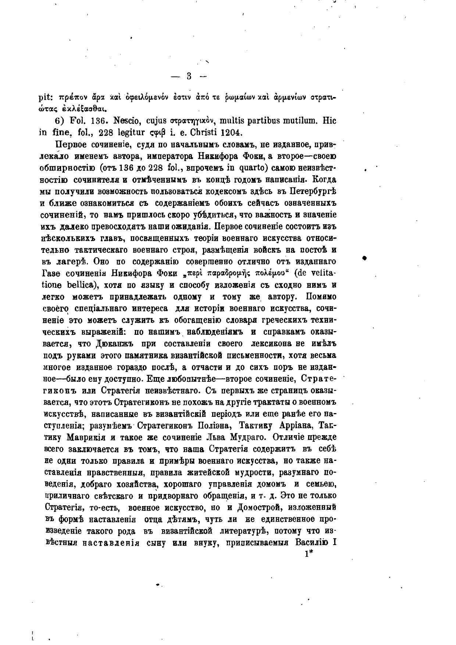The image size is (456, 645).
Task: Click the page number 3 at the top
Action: [x=189, y=76]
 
